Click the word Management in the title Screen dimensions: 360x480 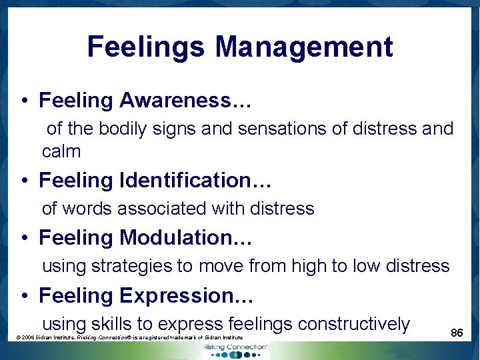304,48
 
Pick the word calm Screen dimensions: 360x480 61,151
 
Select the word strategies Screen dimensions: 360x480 131,266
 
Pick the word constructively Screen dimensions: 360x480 354,324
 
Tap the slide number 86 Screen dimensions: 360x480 457,332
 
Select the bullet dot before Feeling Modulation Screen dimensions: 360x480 23,239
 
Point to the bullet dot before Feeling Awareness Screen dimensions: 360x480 23,102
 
